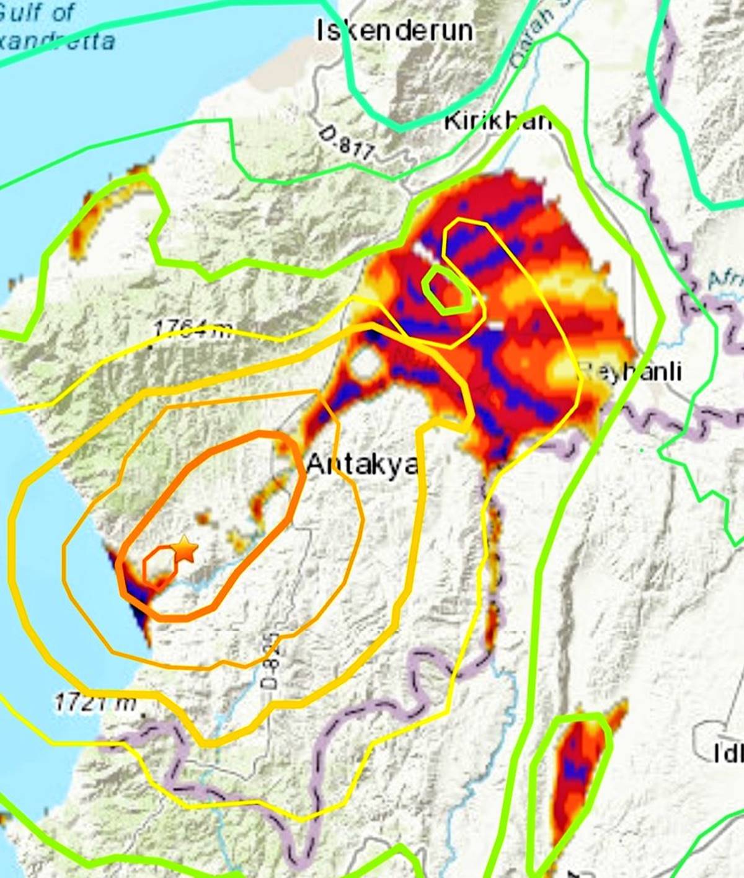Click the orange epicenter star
[x=185, y=549]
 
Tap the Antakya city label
[x=362, y=463]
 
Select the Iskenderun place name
[x=395, y=30]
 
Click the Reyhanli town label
[x=631, y=371]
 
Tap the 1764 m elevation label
[x=193, y=328]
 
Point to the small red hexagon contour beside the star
[x=159, y=565]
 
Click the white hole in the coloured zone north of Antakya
[x=366, y=364]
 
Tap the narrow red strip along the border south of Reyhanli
[x=493, y=558]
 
